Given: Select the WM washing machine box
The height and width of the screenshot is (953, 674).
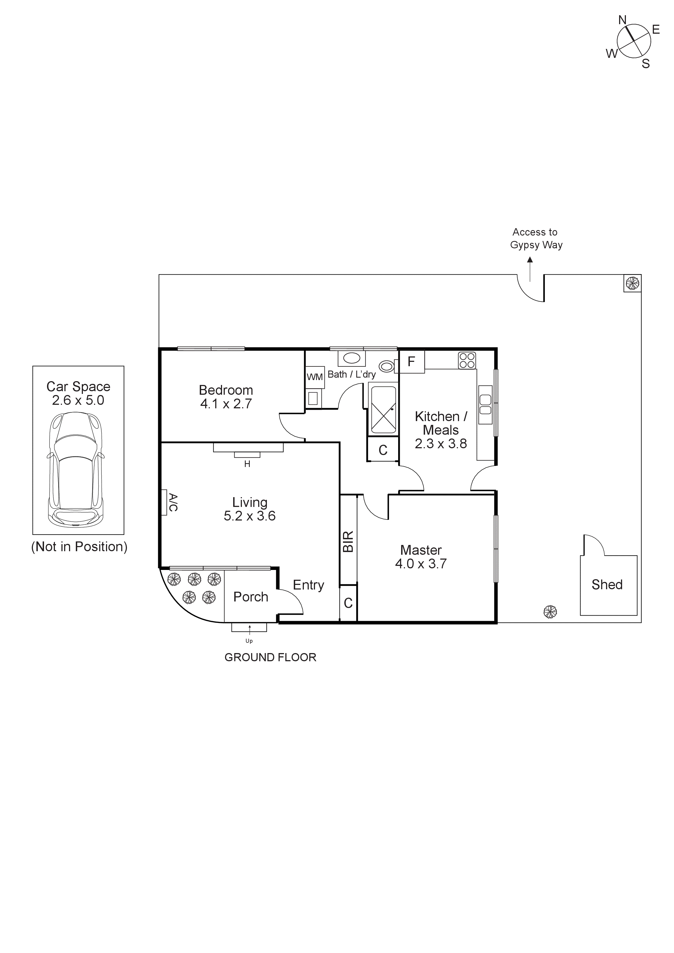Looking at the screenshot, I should click(314, 377).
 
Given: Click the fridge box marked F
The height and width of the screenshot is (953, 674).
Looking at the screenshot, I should click(411, 362).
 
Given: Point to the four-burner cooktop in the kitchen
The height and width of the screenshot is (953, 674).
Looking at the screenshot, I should click(467, 360).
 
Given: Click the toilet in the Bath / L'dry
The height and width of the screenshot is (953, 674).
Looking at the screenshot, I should click(387, 366).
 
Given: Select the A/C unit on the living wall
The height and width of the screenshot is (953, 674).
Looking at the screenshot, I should click(164, 502).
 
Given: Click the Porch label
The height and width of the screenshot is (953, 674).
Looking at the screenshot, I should click(250, 597).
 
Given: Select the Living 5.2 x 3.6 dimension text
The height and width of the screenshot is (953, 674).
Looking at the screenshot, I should click(249, 516).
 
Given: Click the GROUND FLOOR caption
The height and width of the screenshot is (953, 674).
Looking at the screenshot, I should click(270, 657).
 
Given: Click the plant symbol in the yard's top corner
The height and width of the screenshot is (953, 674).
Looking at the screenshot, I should click(632, 284).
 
